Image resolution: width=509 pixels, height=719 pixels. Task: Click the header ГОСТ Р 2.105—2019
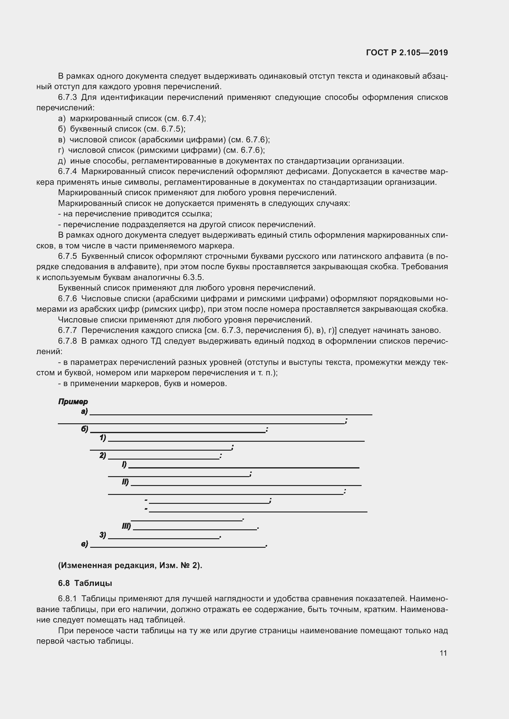click(407, 53)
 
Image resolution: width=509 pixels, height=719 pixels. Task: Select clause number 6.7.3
click(67, 97)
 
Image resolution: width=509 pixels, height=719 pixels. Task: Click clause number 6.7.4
click(67, 172)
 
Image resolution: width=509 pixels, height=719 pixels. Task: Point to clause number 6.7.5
click(67, 256)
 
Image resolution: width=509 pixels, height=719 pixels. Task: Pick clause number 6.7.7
click(67, 330)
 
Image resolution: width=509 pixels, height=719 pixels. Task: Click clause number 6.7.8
click(67, 341)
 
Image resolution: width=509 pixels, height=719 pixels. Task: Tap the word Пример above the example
click(73, 401)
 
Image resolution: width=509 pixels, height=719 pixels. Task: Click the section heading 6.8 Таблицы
click(85, 583)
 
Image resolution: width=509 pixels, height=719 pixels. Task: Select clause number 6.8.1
click(67, 599)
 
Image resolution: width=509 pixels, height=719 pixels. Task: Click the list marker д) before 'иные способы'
click(62, 161)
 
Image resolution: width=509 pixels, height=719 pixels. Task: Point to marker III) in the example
click(126, 526)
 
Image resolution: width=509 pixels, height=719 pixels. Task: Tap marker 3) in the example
click(103, 535)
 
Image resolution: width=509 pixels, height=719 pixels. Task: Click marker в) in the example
click(84, 544)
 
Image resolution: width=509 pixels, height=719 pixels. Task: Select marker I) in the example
click(124, 464)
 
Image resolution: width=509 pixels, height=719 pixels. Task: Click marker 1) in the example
click(103, 438)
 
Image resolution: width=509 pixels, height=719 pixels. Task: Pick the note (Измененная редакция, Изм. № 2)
click(130, 565)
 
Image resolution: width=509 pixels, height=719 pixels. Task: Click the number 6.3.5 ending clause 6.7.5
click(193, 278)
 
